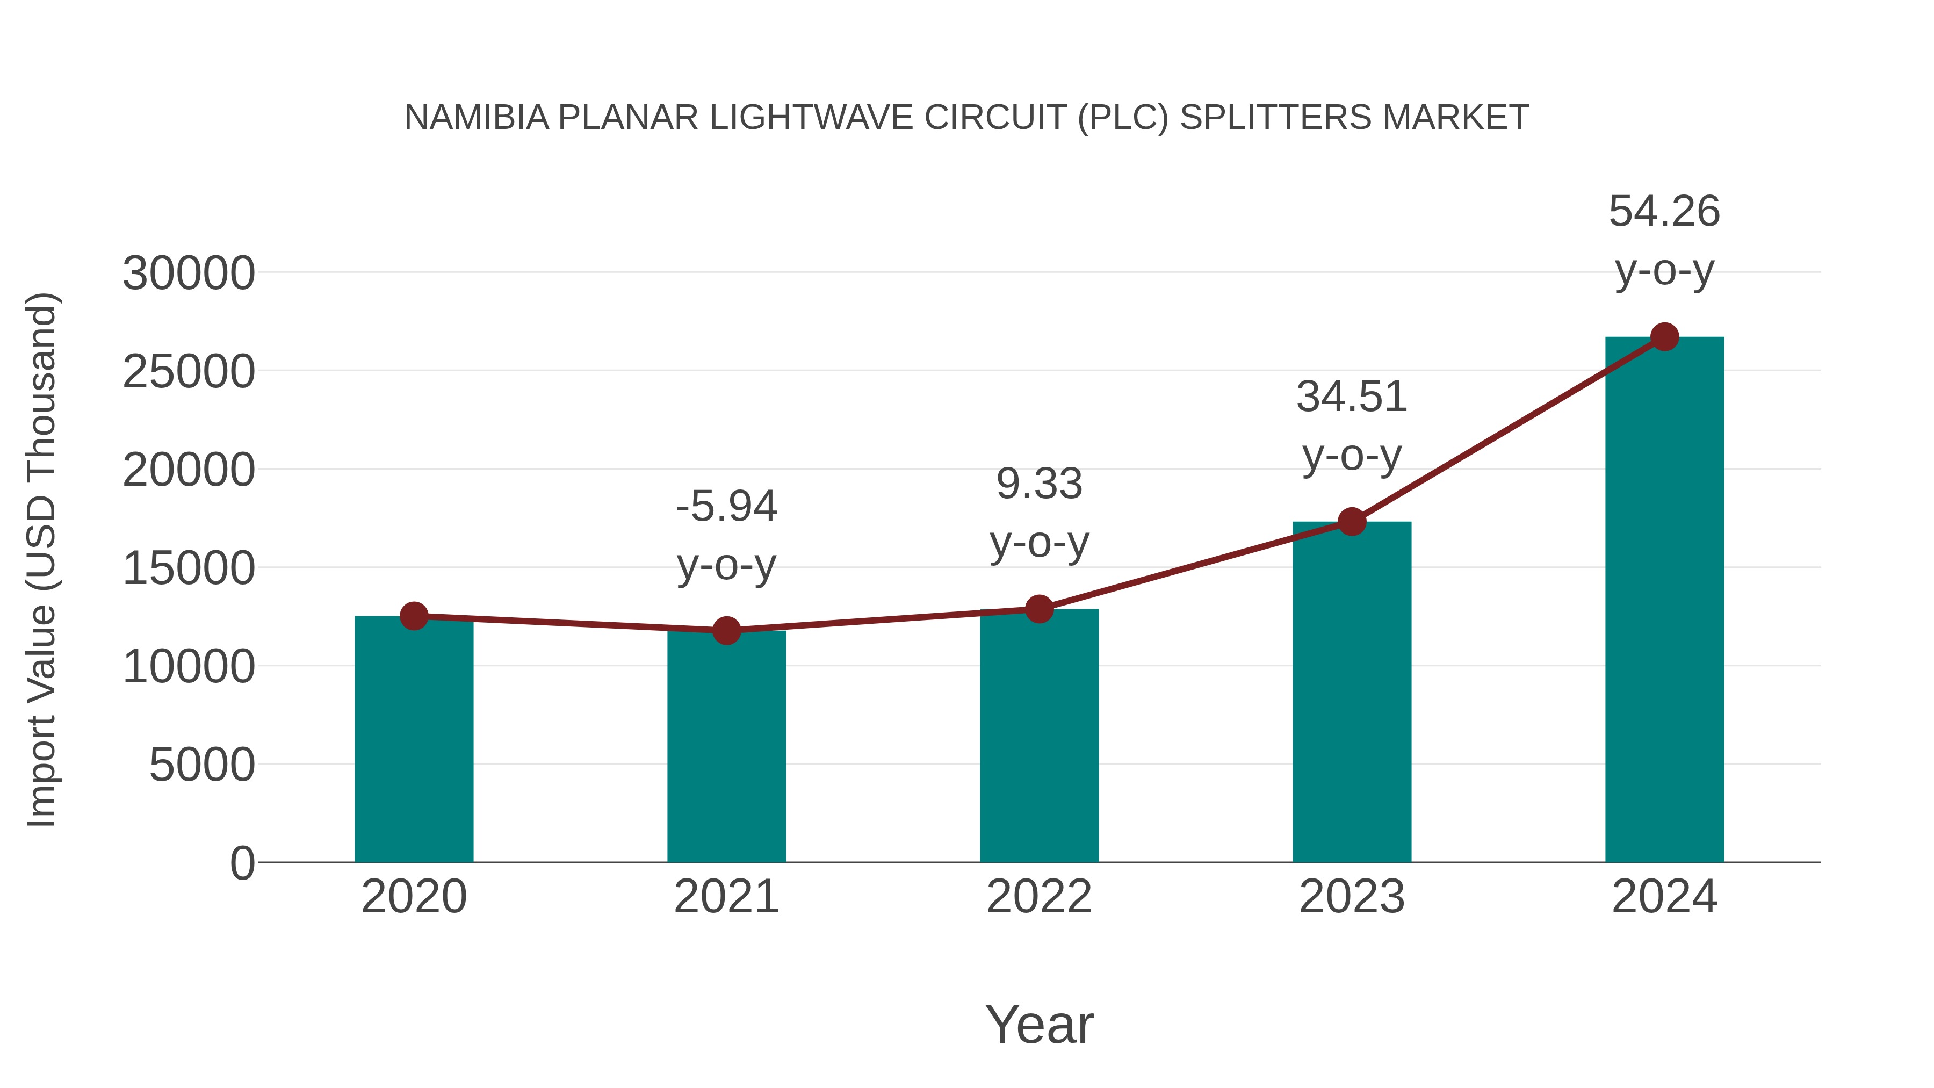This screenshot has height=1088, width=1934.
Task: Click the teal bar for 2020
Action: (x=414, y=740)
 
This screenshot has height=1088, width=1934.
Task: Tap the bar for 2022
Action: (x=1039, y=736)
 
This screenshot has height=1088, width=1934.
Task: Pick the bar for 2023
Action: (x=1352, y=691)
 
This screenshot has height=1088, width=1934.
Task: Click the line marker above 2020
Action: (x=414, y=616)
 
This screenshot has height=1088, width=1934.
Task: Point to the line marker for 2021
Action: (x=726, y=631)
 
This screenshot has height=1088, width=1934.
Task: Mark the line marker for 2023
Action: (x=1352, y=521)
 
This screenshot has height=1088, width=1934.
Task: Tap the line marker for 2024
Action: (x=1664, y=337)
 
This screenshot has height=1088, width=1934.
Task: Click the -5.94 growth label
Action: (x=726, y=506)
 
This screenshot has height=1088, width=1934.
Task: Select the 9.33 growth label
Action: (x=1039, y=484)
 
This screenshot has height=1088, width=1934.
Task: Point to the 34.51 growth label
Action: (x=1352, y=397)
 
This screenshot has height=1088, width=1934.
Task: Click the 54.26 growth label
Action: (x=1664, y=212)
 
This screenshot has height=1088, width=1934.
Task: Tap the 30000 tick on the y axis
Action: (x=189, y=273)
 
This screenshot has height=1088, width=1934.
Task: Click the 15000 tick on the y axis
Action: (x=189, y=568)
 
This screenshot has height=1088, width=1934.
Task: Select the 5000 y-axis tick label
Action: (x=202, y=765)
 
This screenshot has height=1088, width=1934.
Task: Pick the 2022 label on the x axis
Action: (x=1039, y=897)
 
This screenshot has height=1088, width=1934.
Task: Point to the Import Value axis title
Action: (x=41, y=559)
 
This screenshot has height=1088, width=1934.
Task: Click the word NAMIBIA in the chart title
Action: (x=477, y=118)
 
